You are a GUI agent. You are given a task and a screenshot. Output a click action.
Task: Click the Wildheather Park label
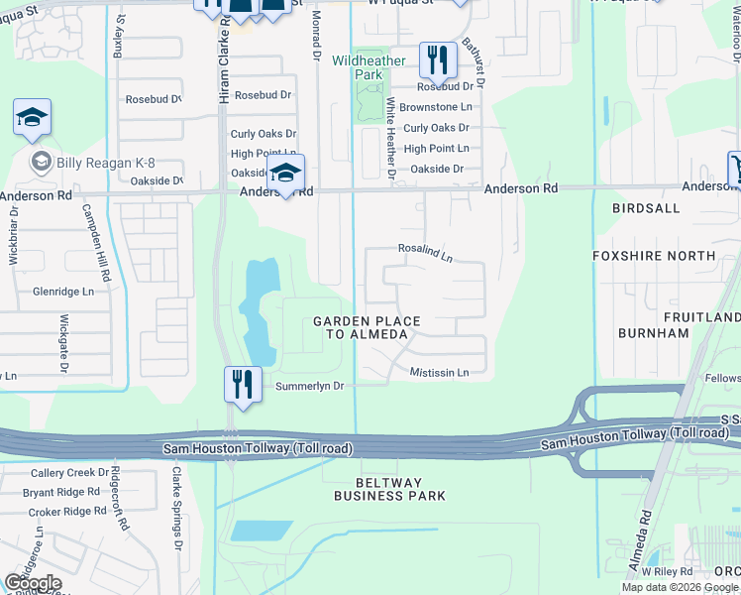pos(369,67)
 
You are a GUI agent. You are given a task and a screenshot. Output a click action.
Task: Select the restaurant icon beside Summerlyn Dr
pos(243,384)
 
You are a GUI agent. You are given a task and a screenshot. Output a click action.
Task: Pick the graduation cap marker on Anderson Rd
pos(285,175)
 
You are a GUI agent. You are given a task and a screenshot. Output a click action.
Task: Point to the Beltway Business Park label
pos(389,487)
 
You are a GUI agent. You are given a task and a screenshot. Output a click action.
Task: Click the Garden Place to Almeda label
pos(367,328)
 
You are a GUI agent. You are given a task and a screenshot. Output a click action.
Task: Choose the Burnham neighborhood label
pos(653,333)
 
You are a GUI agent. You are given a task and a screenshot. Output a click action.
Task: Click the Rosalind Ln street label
pos(425,253)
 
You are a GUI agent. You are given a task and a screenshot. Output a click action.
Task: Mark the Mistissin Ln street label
pos(439,372)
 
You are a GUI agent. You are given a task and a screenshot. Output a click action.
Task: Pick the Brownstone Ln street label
pos(436,107)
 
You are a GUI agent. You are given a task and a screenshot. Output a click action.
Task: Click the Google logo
pos(33,583)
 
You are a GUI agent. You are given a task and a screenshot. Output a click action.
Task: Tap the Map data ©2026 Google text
pos(680,587)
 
